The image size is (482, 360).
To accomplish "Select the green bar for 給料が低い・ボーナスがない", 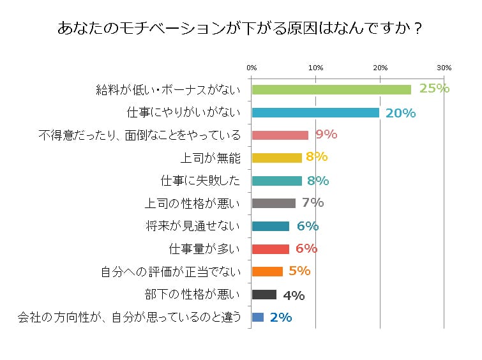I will pyautogui.click(x=331, y=89).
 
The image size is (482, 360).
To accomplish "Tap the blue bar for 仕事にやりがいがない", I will pyautogui.click(x=315, y=112).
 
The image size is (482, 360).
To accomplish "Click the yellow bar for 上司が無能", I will pyautogui.click(x=277, y=158).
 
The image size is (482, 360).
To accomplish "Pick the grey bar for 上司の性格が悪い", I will pyautogui.click(x=274, y=204).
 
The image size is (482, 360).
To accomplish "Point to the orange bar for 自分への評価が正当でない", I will pyautogui.click(x=267, y=271).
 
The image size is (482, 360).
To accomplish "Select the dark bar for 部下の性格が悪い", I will pyautogui.click(x=264, y=294).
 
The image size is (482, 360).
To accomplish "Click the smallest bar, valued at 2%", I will pyautogui.click(x=258, y=317).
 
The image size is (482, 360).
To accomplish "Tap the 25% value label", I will pyautogui.click(x=435, y=89).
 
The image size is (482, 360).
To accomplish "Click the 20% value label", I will pyautogui.click(x=401, y=113).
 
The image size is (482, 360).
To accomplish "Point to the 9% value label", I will pyautogui.click(x=326, y=134).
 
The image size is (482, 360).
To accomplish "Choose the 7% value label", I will pyautogui.click(x=313, y=203).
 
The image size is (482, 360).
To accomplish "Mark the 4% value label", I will pyautogui.click(x=294, y=295).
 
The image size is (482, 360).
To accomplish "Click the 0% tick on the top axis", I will pyautogui.click(x=252, y=68).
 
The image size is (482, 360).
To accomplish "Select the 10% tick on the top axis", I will pyautogui.click(x=315, y=68).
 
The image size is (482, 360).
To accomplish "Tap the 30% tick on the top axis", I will pyautogui.click(x=444, y=68).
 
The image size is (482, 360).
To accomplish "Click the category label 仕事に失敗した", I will pyautogui.click(x=201, y=181).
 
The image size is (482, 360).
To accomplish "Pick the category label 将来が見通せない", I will pyautogui.click(x=193, y=226).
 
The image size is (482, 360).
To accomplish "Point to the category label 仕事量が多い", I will pyautogui.click(x=204, y=249).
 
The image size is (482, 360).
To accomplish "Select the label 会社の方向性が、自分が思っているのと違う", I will pyautogui.click(x=130, y=317).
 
